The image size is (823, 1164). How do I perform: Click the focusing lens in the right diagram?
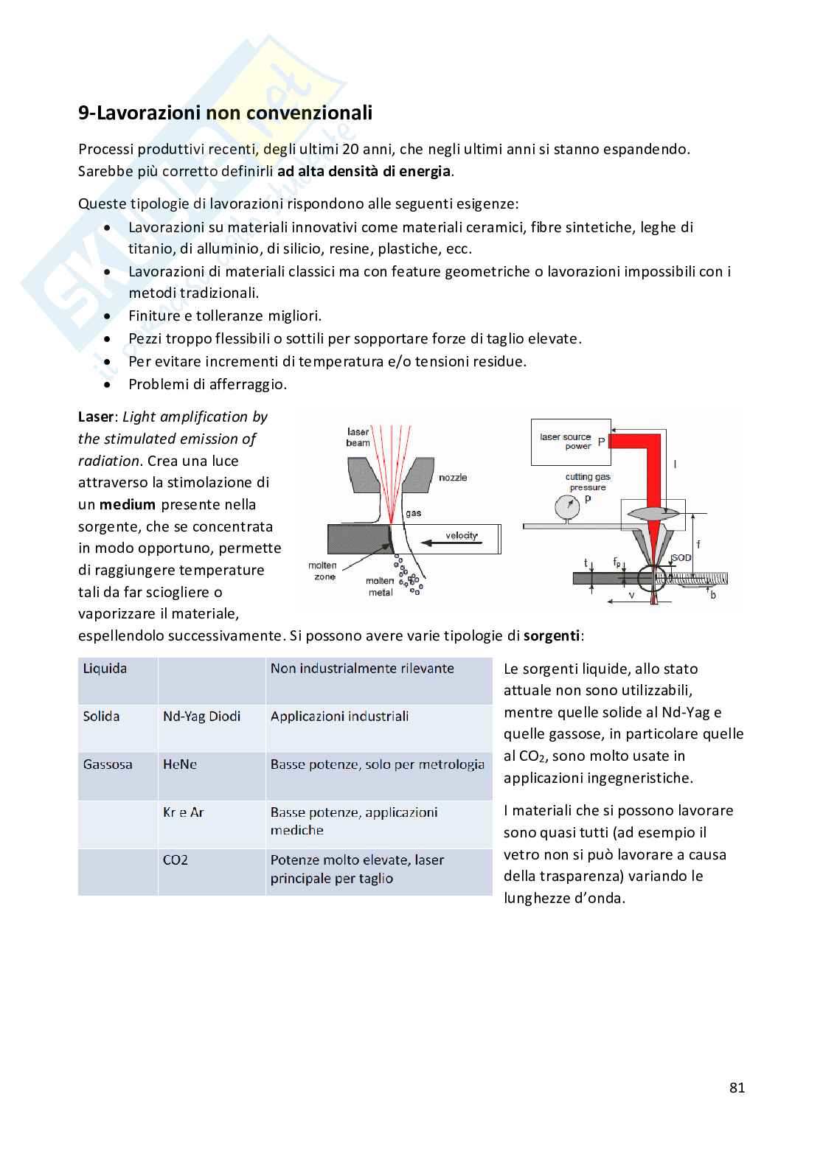653,514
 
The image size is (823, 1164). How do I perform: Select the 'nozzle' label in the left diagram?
453,478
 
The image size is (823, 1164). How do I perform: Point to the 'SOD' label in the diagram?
681,557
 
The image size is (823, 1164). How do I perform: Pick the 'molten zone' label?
323,571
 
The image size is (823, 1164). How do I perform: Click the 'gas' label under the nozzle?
413,513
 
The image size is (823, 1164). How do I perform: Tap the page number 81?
737,1087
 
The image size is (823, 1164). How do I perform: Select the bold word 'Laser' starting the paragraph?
96,417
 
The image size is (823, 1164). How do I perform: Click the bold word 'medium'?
128,504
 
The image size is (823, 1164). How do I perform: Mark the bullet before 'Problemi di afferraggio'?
107,385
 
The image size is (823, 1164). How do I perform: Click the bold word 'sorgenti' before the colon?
552,636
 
